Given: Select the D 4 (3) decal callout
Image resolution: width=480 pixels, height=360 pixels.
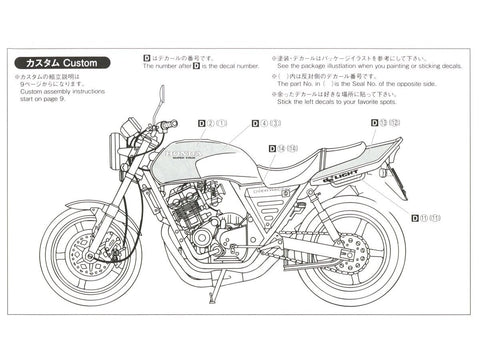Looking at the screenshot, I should coord(266,123).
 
